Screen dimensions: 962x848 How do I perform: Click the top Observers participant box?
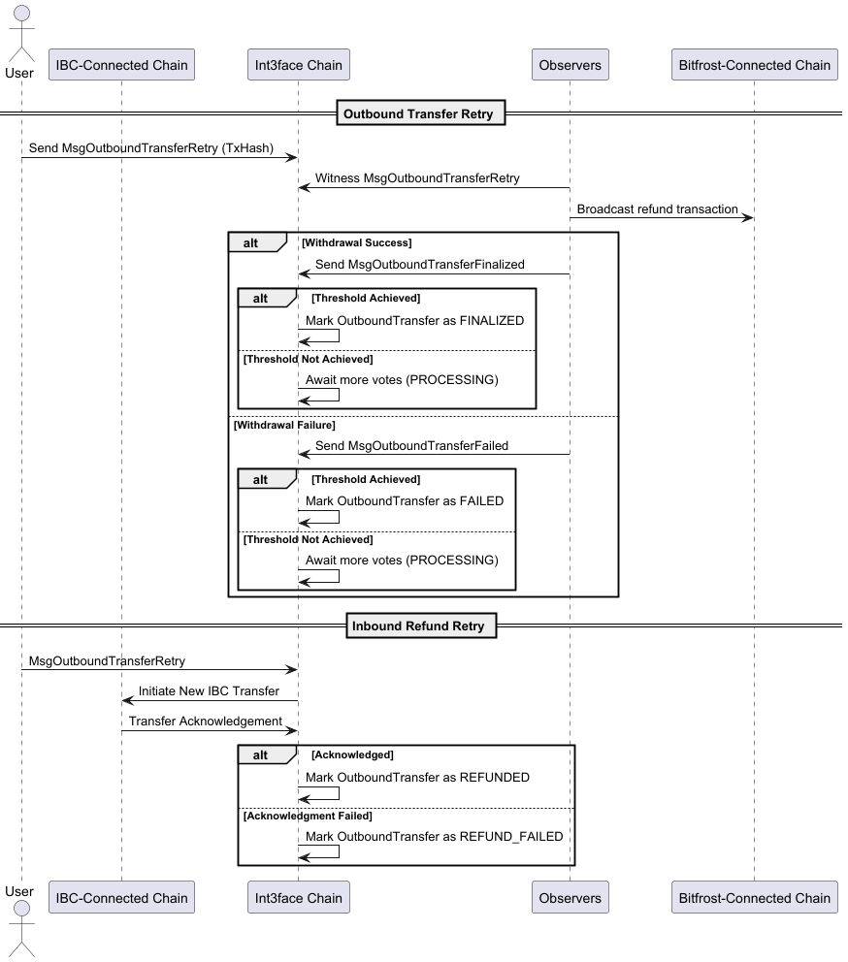tap(570, 65)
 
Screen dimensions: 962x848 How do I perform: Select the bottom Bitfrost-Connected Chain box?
tap(754, 897)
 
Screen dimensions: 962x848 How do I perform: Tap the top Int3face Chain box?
tap(298, 65)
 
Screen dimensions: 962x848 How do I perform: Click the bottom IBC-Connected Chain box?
tap(121, 897)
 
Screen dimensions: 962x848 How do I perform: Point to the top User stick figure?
tap(19, 34)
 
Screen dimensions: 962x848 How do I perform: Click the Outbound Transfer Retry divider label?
tap(418, 113)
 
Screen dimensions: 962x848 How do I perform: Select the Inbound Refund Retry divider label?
tap(418, 625)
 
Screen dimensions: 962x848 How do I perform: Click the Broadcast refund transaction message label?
tap(657, 208)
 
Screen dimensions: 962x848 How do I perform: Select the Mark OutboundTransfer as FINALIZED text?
tap(414, 320)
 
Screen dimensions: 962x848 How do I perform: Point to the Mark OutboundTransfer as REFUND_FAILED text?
tap(434, 835)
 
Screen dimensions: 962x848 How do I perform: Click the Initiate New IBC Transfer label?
tap(209, 690)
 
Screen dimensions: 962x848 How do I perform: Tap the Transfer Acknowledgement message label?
tap(205, 721)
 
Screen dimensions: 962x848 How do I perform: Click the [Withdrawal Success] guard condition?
tap(356, 242)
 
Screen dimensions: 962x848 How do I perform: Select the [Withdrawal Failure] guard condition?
tap(284, 425)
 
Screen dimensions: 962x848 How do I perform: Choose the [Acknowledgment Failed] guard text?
tap(307, 816)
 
